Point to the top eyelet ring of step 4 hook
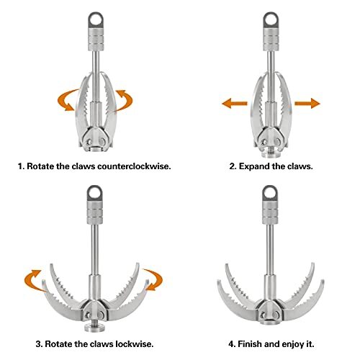point(271,193)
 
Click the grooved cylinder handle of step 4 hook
point(271,213)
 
